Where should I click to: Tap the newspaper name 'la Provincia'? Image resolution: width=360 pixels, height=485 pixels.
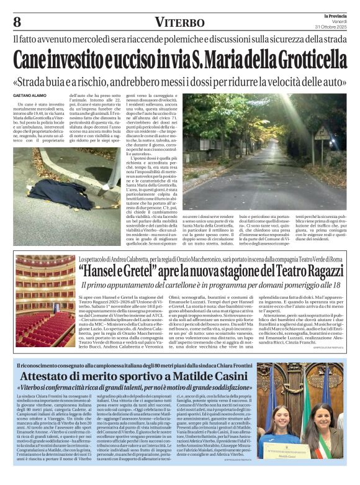click(x=333, y=15)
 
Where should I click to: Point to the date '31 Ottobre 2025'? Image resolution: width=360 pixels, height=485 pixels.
click(x=332, y=28)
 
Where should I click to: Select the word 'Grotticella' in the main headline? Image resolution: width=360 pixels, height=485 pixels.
click(x=310, y=61)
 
